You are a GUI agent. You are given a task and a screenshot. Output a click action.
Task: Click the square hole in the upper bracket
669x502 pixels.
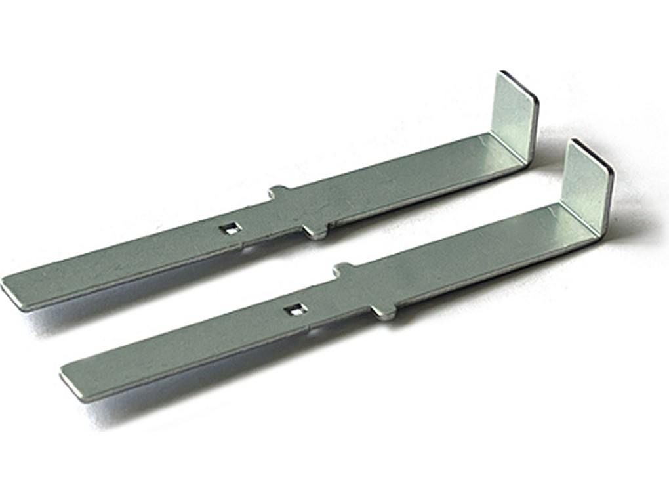point(230,228)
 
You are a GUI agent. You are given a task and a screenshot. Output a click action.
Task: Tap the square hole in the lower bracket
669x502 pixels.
point(296,310)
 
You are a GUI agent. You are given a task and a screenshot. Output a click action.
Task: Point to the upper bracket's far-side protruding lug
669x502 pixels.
point(278,192)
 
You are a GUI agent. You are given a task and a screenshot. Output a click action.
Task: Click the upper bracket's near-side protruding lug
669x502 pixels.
point(317,232)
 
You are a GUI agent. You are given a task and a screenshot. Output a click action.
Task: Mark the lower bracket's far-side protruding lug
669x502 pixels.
point(342,268)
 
